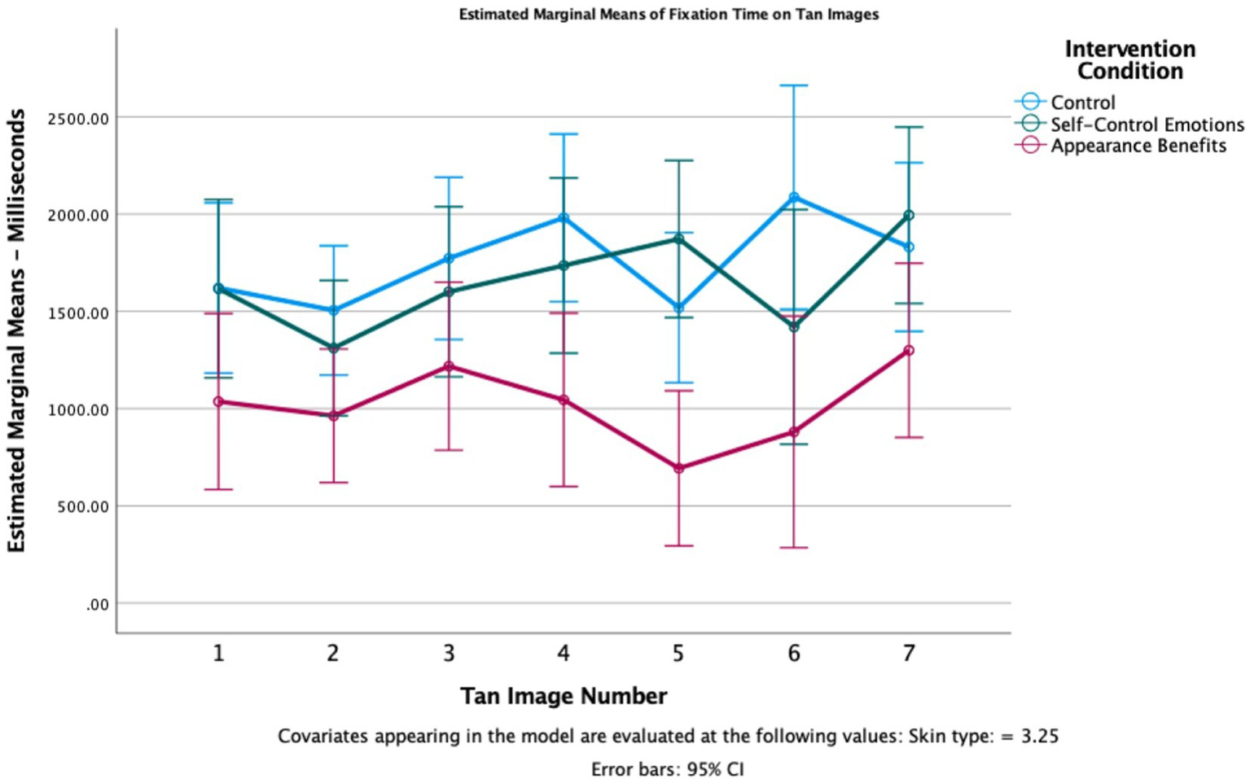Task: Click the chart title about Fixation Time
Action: click(x=669, y=15)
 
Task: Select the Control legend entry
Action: click(x=1082, y=103)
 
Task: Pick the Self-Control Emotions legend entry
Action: click(x=1147, y=125)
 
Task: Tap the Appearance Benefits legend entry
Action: click(x=1138, y=146)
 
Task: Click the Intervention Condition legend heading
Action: click(x=1129, y=60)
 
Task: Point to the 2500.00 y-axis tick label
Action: click(x=78, y=119)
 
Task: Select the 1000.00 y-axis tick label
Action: click(x=78, y=410)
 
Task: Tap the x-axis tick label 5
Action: click(x=678, y=653)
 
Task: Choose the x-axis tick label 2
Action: click(x=333, y=653)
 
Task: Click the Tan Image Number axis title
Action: click(x=564, y=697)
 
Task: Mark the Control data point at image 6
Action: click(x=794, y=197)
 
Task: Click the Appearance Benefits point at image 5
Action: click(x=678, y=468)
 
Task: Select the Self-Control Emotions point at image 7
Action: click(x=909, y=216)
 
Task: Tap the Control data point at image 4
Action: click(x=564, y=218)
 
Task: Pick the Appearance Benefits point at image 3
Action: click(x=449, y=366)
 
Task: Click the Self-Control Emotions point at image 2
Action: click(x=333, y=348)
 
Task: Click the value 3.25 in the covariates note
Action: click(x=1040, y=737)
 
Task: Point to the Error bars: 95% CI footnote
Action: click(x=667, y=769)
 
